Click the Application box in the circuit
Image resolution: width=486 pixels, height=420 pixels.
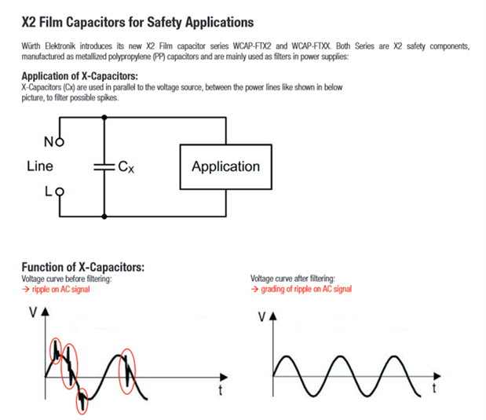[225, 166]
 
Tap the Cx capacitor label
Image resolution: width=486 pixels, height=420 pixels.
[125, 166]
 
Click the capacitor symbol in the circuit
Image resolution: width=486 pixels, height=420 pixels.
[103, 166]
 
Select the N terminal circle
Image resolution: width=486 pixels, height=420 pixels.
[58, 142]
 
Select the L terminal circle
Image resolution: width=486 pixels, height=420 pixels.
[58, 191]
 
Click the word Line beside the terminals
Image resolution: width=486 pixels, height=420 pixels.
[40, 166]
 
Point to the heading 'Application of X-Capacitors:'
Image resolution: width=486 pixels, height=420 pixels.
[80, 75]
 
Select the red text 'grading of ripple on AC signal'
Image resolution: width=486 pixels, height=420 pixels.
[301, 289]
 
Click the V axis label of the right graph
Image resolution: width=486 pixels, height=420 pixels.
[261, 317]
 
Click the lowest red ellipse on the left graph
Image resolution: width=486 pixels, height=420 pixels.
[82, 402]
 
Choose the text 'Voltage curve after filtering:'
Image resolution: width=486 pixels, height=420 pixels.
[292, 279]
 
